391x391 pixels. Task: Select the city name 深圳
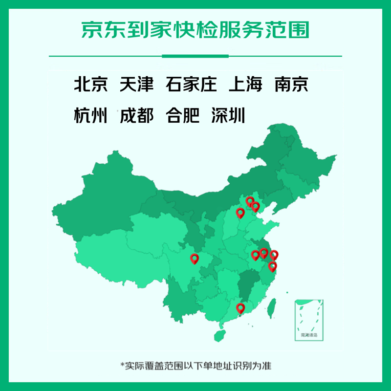[228, 116]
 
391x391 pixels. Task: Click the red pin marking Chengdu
[195, 259]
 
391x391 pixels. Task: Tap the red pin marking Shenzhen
[240, 307]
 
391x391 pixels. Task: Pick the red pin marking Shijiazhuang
[240, 213]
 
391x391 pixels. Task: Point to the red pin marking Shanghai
[274, 255]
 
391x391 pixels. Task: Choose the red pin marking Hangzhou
[272, 266]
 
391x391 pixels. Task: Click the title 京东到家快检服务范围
[195, 30]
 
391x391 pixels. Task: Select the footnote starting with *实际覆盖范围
[195, 365]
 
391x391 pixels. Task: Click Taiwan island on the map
[274, 306]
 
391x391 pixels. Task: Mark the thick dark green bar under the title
[195, 56]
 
